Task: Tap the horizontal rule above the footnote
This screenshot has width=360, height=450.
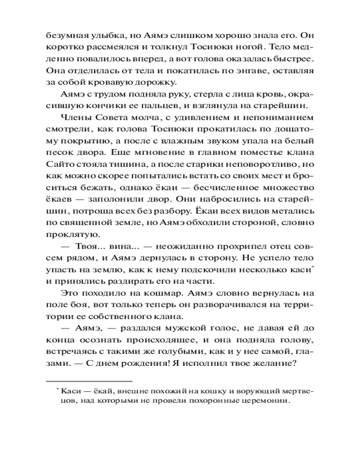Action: [90, 380]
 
